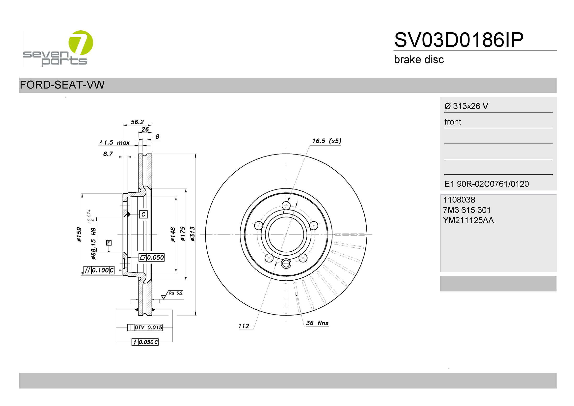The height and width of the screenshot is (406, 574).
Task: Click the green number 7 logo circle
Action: pyautogui.click(x=81, y=43)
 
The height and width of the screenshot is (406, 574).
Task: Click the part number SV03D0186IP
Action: pyautogui.click(x=459, y=40)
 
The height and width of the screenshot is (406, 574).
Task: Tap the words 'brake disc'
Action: pyautogui.click(x=419, y=60)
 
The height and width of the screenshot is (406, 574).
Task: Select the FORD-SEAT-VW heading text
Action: pyautogui.click(x=62, y=85)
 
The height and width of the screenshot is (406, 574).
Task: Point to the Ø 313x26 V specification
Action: pyautogui.click(x=466, y=106)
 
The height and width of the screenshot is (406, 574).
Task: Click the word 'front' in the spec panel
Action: pyautogui.click(x=453, y=122)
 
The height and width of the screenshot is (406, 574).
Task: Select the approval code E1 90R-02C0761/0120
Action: pyautogui.click(x=487, y=184)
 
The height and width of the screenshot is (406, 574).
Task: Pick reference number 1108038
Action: pyautogui.click(x=459, y=200)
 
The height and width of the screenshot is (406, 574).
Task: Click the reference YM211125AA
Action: pyautogui.click(x=468, y=220)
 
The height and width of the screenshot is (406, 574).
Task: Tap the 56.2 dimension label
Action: pyautogui.click(x=137, y=122)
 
